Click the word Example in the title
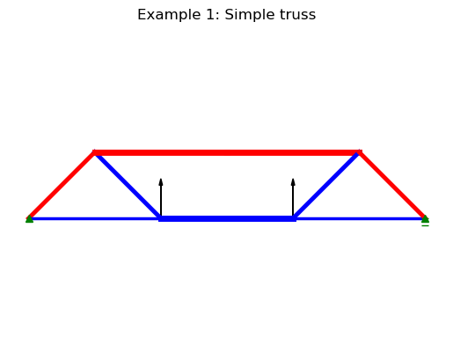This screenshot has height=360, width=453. pos(170,15)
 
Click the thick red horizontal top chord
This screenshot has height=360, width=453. pos(227,152)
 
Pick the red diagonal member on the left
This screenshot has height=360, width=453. pos(62,186)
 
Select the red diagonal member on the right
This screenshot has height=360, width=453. pos(392,186)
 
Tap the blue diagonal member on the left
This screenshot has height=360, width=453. pos(128,186)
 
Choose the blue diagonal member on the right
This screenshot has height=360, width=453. pos(326,186)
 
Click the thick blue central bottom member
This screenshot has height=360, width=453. pos(227,218)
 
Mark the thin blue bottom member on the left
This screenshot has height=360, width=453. pos(94,218)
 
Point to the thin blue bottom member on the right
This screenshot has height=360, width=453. pos(360,218)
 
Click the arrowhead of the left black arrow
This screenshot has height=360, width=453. pos(161,182)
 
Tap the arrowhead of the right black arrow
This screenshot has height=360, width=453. pos(293,182)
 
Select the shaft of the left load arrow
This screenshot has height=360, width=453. pos(161,201)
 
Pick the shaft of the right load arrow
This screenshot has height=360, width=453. pos(293,201)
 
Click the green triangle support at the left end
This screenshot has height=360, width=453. pos(29,219)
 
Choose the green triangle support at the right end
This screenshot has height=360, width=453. pos(425,219)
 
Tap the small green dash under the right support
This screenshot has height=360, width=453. pos(425,225)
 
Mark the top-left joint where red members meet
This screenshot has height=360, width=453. pos(94,152)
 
